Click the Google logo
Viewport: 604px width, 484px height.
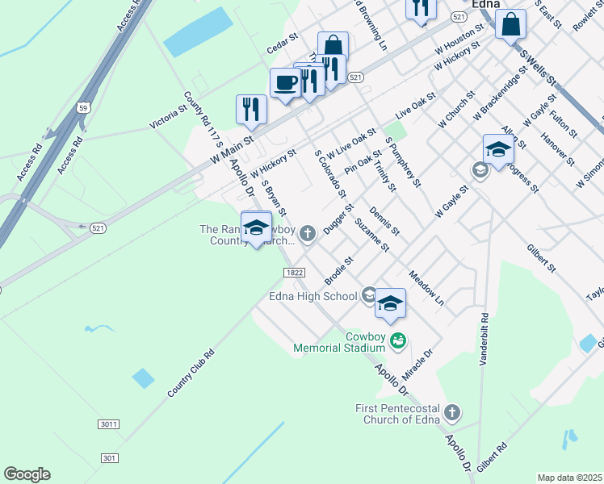point(27,474)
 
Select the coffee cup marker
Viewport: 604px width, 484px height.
point(285,83)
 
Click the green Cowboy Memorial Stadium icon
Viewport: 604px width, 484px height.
point(397,340)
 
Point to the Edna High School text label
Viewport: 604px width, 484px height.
point(312,296)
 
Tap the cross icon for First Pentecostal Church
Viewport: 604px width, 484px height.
point(452,412)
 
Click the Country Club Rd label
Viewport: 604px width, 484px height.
point(191,373)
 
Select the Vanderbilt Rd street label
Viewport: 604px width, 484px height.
point(484,340)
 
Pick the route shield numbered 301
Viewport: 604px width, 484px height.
point(110,458)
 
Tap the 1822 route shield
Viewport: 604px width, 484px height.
point(294,273)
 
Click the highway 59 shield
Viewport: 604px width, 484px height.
point(83,106)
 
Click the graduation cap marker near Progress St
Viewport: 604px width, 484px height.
point(498,150)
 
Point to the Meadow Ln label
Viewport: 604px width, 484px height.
point(426,287)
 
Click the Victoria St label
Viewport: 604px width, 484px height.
point(168,116)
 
